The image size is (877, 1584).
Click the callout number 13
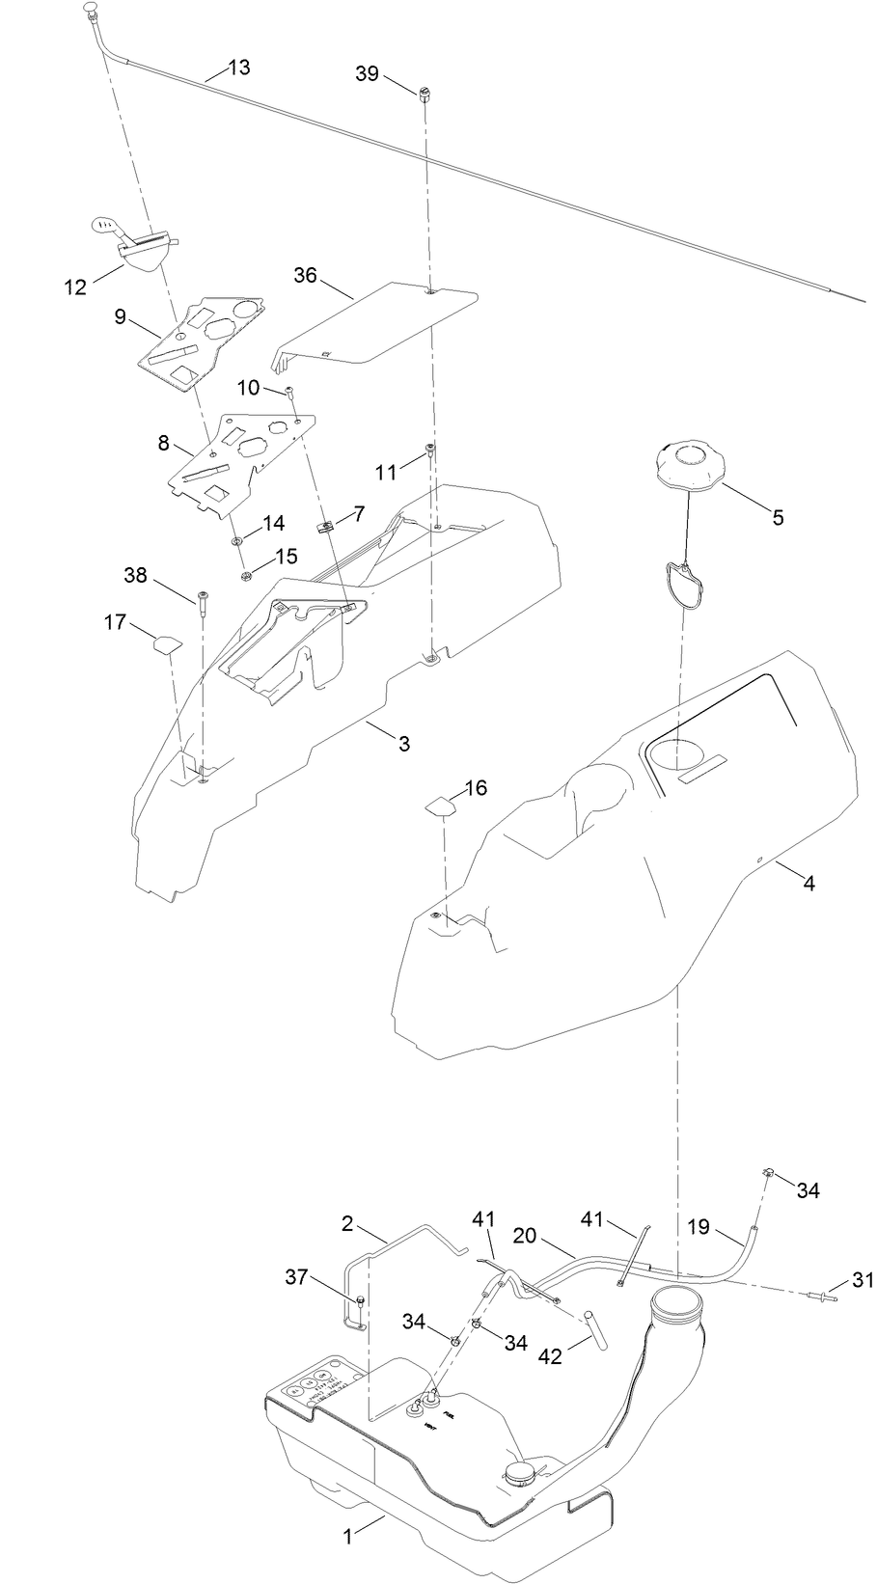238,67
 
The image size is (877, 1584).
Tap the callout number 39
367,74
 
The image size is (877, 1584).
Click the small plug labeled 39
424,94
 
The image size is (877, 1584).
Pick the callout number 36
305,275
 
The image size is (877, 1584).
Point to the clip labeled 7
325,527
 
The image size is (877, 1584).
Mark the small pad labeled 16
439,805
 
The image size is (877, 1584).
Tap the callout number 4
808,882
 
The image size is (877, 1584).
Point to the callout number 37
297,1277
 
